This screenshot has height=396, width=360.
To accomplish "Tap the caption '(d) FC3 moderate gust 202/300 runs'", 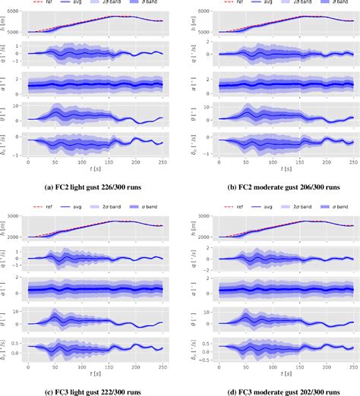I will click(270, 389).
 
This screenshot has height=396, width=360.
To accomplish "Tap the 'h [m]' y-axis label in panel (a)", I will click(6, 23).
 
